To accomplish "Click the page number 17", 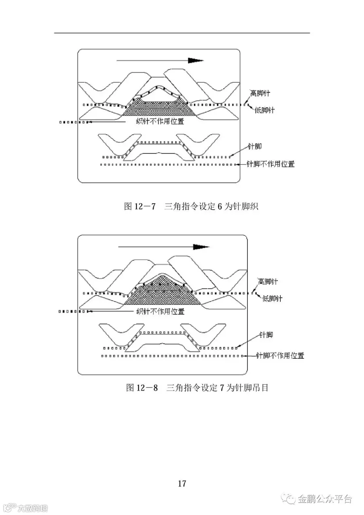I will point(182,483).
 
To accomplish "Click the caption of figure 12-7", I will point(190,207).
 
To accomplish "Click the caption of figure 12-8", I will point(197,388).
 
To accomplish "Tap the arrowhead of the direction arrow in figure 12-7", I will point(195,60).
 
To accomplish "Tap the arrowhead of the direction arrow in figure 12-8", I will point(201,247).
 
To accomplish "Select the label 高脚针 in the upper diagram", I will point(260,94).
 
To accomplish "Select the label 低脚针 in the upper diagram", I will point(265,110).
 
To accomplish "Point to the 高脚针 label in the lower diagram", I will point(268,281).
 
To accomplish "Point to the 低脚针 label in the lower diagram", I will point(272,299).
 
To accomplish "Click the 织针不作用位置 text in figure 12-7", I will point(160,121).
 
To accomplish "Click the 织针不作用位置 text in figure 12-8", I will point(161,311).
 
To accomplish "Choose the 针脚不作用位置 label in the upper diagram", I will point(271,164).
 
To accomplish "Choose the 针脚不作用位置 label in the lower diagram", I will point(280,355).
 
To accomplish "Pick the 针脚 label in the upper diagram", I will point(256,146).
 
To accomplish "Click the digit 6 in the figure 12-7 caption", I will point(220,207).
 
